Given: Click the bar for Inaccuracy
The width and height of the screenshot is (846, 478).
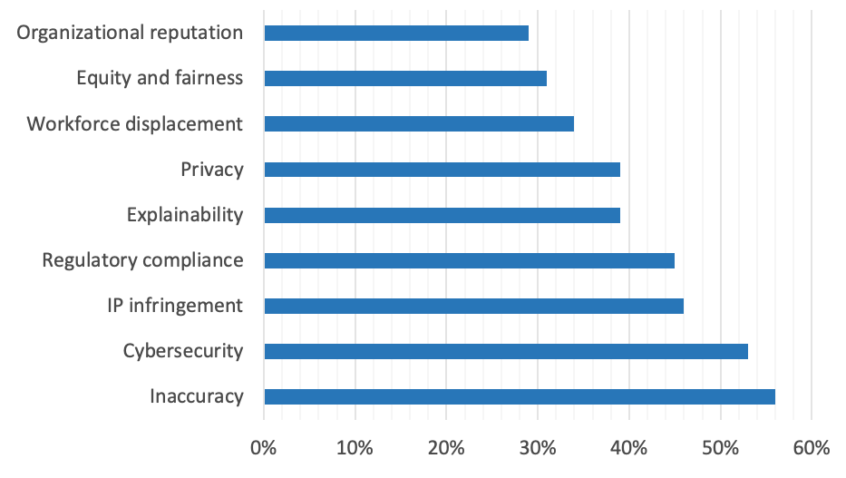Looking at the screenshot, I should (x=520, y=396).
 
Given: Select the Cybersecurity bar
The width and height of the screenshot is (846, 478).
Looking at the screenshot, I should (x=506, y=351).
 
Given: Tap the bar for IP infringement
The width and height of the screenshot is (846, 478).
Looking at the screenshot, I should (x=473, y=306).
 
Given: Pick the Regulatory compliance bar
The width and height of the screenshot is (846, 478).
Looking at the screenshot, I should (x=469, y=260).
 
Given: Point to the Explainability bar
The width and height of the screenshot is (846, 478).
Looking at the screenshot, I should (x=442, y=215).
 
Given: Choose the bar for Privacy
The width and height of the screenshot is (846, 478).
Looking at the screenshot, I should (x=442, y=170).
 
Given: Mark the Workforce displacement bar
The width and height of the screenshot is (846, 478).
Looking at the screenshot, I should (x=419, y=124).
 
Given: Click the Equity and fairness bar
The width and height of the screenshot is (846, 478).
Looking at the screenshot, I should (x=405, y=79).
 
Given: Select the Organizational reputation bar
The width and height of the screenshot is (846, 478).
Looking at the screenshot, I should (x=396, y=34).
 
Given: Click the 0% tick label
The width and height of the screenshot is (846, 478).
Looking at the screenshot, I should (x=264, y=448).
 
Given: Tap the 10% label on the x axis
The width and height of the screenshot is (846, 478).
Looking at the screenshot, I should (x=355, y=448).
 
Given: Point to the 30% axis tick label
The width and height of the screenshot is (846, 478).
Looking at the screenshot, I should (x=538, y=448).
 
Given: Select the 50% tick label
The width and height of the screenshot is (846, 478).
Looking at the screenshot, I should (x=720, y=448).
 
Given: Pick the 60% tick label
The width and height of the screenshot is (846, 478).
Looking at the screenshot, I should (x=811, y=448).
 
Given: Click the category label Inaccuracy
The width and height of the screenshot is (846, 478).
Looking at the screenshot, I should (x=198, y=396).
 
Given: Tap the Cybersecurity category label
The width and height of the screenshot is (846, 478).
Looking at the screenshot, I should (x=183, y=351).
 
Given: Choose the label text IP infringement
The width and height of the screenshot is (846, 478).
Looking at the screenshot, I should (x=174, y=306).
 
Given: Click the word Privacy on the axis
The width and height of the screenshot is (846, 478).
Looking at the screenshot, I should (x=212, y=170).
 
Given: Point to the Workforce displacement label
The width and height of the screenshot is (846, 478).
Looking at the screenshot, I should (x=135, y=124).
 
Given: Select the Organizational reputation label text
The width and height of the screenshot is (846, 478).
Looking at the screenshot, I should (x=131, y=34).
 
